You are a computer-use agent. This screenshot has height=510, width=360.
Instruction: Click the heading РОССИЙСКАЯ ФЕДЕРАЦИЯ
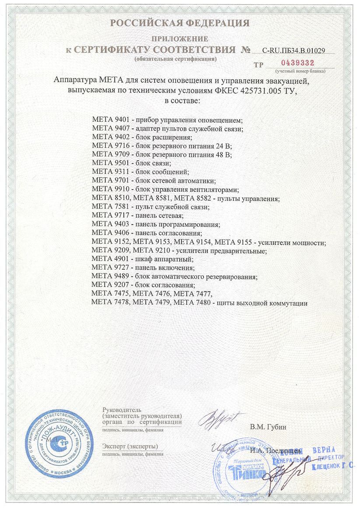(x=179, y=23)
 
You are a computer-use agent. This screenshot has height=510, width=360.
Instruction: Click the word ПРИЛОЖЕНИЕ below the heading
(x=179, y=39)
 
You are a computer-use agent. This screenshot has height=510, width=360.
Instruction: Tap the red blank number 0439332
(x=297, y=63)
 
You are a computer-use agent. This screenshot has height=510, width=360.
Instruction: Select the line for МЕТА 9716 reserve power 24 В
(x=162, y=146)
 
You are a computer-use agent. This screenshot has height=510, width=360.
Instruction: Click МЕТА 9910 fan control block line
(x=166, y=190)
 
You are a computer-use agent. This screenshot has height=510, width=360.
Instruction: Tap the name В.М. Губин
(x=268, y=427)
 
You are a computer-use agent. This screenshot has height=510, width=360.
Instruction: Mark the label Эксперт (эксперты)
(x=130, y=446)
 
